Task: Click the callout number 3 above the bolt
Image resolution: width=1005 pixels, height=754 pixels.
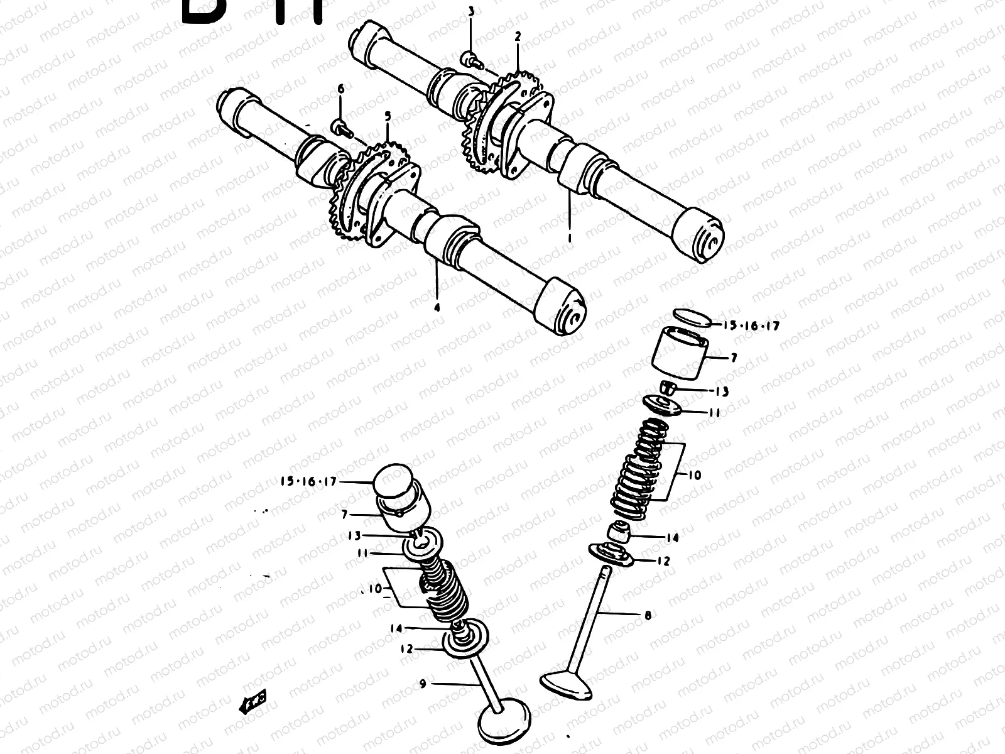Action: pos(471,12)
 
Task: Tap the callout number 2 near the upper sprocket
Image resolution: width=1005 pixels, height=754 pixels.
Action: pos(518,37)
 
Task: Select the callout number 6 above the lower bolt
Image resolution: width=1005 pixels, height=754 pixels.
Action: pos(341,90)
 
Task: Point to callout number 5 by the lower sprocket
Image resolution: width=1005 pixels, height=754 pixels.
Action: pos(388,116)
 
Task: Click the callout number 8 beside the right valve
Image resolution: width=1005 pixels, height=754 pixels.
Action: pos(648,615)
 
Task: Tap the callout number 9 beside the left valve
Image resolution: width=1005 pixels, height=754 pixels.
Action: pos(423,684)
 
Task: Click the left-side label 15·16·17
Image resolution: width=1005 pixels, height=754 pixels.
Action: pos(309,482)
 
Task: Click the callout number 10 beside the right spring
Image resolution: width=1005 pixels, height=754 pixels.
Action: pos(694,476)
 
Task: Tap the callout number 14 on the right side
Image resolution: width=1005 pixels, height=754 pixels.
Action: pos(673,538)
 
